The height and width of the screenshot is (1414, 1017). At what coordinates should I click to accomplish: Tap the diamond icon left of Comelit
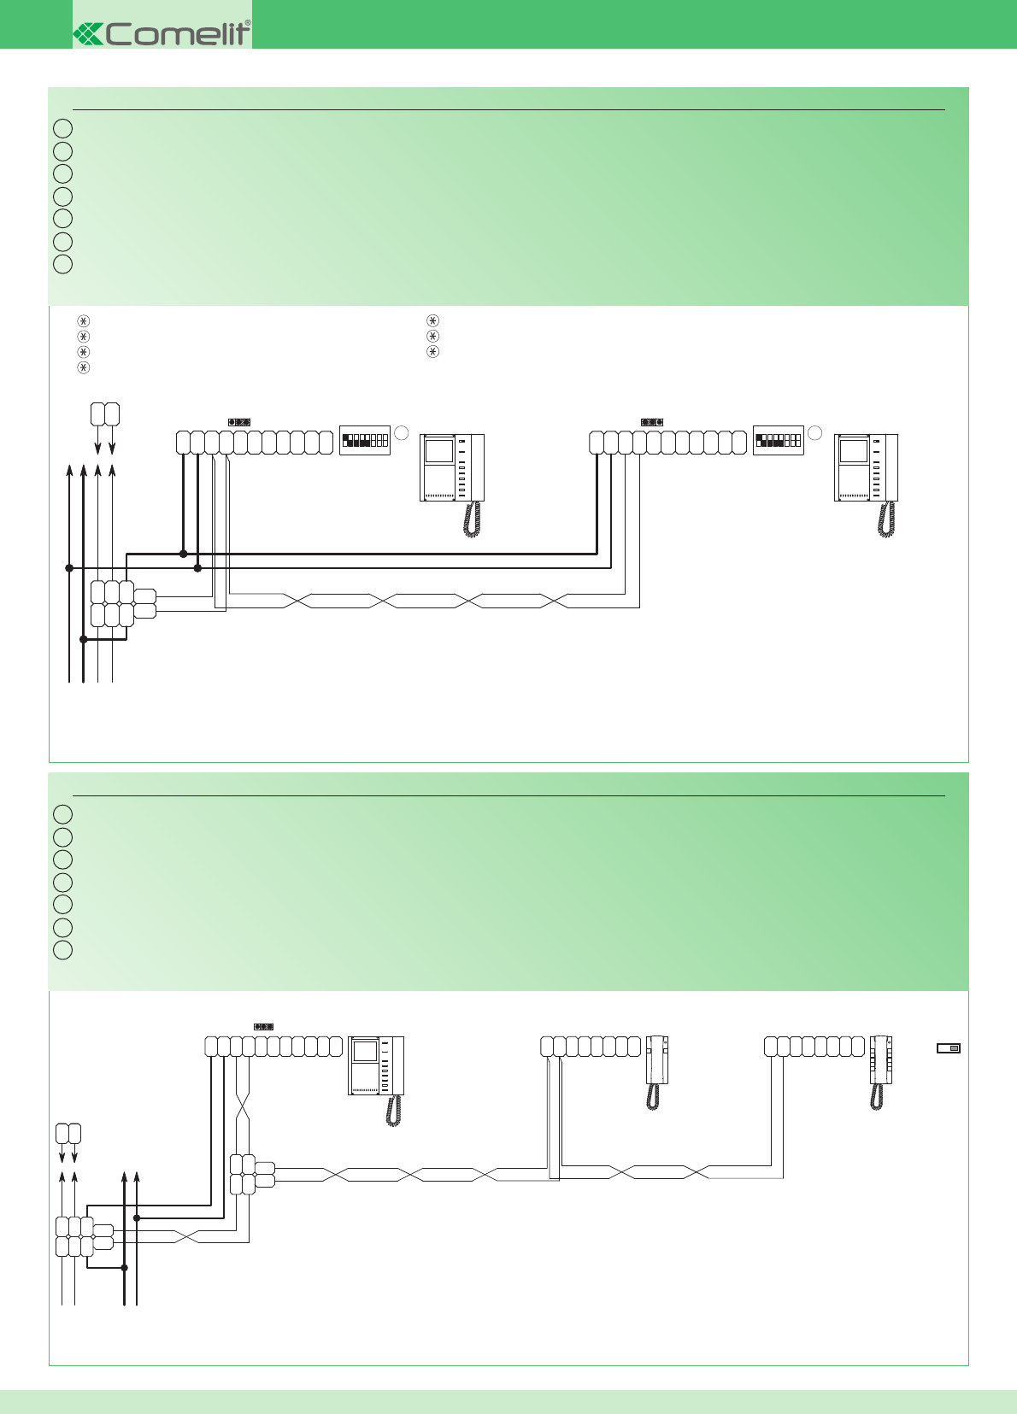pyautogui.click(x=87, y=33)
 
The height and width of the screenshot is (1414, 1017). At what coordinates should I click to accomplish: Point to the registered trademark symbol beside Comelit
pyautogui.click(x=248, y=23)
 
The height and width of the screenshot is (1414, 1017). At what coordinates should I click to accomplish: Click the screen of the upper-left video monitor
pyautogui.click(x=440, y=450)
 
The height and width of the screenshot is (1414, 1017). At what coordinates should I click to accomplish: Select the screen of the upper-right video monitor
pyautogui.click(x=854, y=450)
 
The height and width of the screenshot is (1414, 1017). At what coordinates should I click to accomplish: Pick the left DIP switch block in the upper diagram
pyautogui.click(x=365, y=440)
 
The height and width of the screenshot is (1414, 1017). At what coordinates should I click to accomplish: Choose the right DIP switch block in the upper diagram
pyautogui.click(x=779, y=440)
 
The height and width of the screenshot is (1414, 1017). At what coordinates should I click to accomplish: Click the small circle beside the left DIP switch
pyautogui.click(x=402, y=432)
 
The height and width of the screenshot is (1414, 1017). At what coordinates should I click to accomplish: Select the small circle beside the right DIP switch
pyautogui.click(x=815, y=432)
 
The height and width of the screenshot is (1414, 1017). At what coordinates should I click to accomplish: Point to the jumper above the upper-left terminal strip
pyautogui.click(x=239, y=422)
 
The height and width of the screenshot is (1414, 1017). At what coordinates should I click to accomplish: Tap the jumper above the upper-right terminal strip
pyautogui.click(x=652, y=422)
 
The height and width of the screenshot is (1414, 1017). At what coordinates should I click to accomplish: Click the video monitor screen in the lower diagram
pyautogui.click(x=366, y=1050)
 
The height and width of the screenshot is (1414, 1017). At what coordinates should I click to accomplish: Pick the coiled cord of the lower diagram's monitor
pyautogui.click(x=393, y=1111)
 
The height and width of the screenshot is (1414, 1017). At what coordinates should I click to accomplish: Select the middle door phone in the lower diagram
pyautogui.click(x=656, y=1059)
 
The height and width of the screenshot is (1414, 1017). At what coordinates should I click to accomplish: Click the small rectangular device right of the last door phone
pyautogui.click(x=949, y=1048)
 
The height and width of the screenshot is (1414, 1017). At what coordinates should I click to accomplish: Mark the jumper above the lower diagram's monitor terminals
pyautogui.click(x=264, y=1026)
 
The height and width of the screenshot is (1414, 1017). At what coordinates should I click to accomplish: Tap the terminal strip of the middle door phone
pyautogui.click(x=591, y=1047)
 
